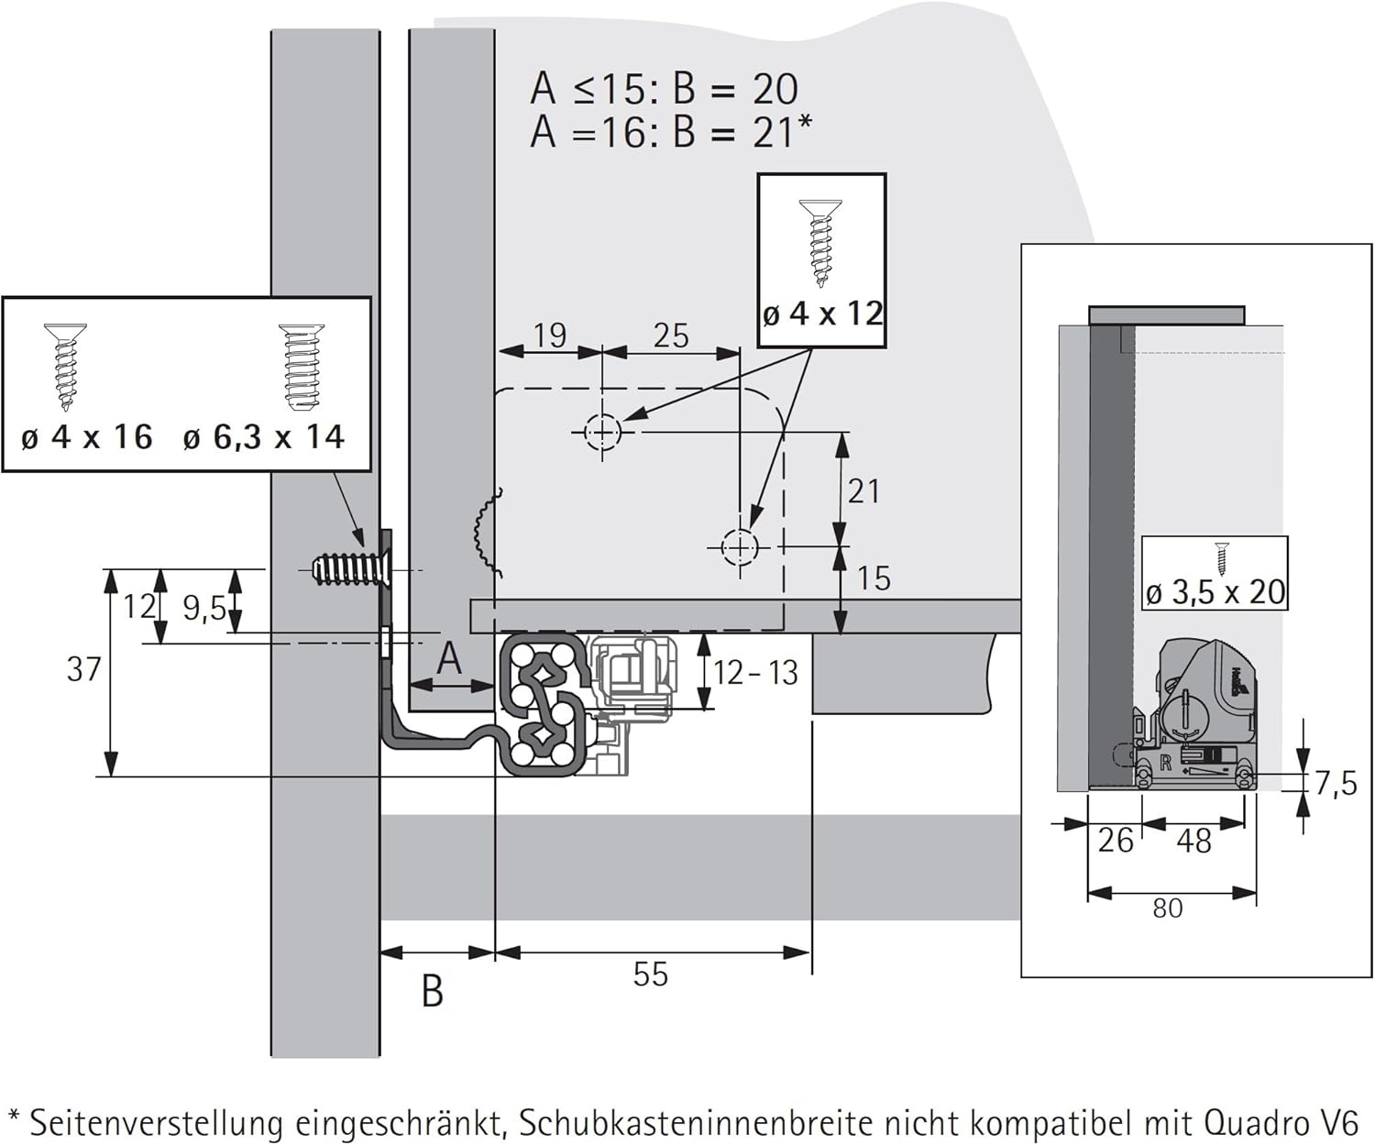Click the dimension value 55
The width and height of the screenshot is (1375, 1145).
point(650,974)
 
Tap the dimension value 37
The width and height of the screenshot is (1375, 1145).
point(83,670)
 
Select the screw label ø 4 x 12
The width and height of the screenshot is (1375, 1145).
point(822,314)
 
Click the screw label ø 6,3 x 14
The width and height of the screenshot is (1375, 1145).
point(263,437)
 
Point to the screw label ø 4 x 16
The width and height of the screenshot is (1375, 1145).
point(86,437)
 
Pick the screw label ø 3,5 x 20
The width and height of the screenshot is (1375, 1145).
point(1215,592)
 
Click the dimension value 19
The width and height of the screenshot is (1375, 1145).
point(549,336)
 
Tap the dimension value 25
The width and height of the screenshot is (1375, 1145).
point(670,336)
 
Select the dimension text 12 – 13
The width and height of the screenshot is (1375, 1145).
point(755,673)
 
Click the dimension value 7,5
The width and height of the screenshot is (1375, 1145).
point(1335,784)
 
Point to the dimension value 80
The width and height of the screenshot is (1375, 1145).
point(1167,908)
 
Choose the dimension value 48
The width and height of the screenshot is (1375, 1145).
point(1193,841)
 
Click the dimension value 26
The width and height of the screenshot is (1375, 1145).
point(1115,841)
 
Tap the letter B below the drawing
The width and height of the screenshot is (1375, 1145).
point(433,991)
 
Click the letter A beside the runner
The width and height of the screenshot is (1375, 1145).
point(448,657)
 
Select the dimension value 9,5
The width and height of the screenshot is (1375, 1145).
point(203,607)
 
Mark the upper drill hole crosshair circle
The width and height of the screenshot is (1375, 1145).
point(602,431)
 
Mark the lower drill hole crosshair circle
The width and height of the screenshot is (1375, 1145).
point(739,547)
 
